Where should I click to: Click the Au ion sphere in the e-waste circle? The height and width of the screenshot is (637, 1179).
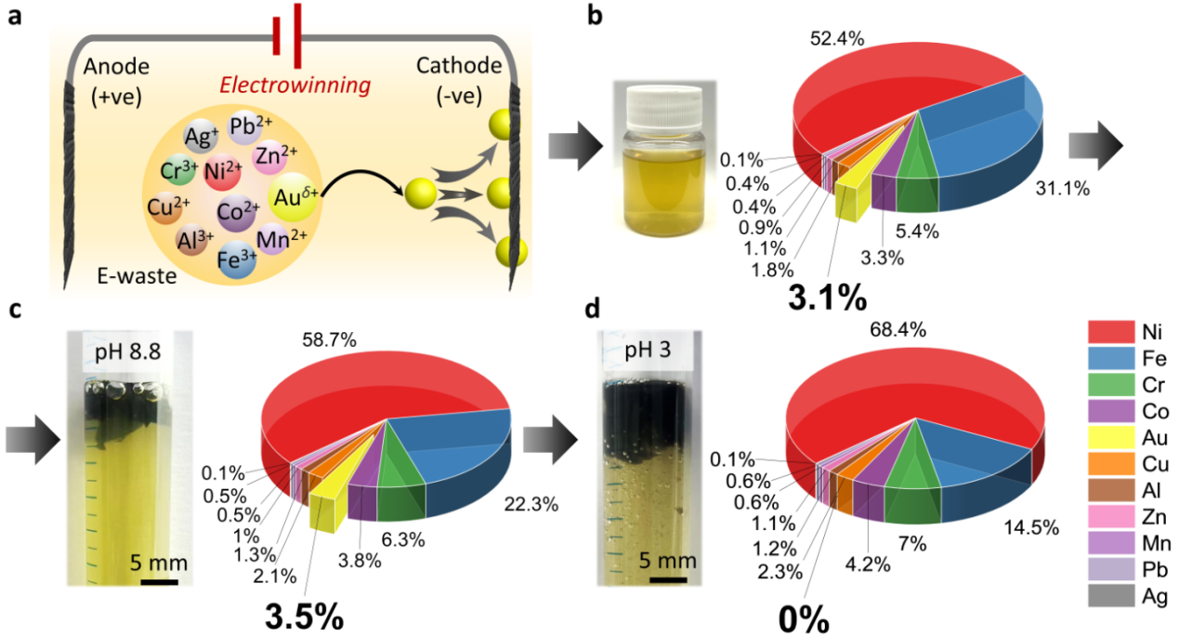(287, 197)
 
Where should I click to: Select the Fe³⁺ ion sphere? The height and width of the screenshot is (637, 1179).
(236, 259)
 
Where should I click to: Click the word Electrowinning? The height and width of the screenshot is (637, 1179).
(295, 86)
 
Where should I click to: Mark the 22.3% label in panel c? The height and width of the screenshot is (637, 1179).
(531, 504)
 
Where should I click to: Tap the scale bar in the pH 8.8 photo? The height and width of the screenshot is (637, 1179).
(159, 583)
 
